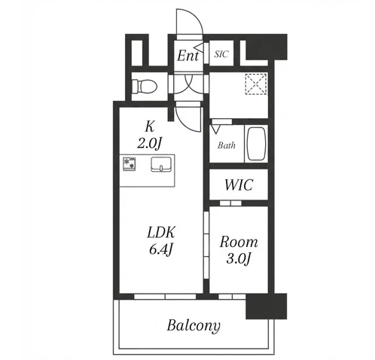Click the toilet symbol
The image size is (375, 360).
coord(145,86)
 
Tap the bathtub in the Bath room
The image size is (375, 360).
coord(256,144)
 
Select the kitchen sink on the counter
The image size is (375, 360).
coord(161,164)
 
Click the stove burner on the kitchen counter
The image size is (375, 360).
coord(130,163)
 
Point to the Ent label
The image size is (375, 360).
coord(188,56)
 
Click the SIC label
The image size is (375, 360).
coord(221,54)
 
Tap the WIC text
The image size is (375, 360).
coord(239,185)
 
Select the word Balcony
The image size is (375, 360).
coord(194,325)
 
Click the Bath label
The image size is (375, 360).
coord(227,145)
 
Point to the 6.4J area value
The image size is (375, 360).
coord(161,249)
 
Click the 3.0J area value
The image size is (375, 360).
coord(239,258)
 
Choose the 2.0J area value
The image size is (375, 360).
coord(149,144)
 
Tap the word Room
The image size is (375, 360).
coord(239,242)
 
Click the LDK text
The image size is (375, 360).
coord(161,233)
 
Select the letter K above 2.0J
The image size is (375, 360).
coord(149,127)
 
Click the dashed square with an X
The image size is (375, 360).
coord(256,84)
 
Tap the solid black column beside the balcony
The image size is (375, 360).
coord(266,306)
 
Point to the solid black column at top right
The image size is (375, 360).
coord(266,47)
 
